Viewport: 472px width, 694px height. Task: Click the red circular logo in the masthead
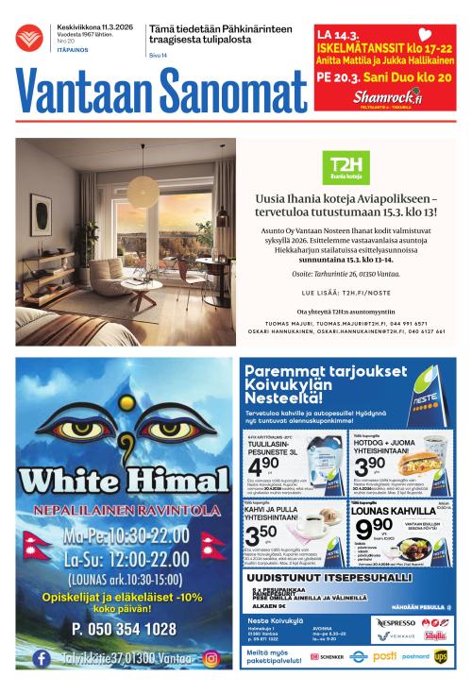pyautogui.click(x=29, y=37)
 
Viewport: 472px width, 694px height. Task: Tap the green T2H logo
pyautogui.click(x=344, y=166)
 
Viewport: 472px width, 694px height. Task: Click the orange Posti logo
pyautogui.click(x=384, y=655)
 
